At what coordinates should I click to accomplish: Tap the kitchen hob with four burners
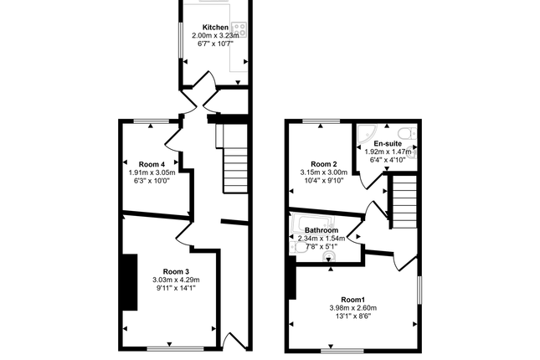[x=239, y=28]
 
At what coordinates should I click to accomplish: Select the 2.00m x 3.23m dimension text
[x=213, y=36]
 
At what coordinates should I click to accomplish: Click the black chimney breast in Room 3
[x=130, y=281]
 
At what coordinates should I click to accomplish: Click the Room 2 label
[x=323, y=164]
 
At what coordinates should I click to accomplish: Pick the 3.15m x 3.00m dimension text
[x=323, y=173]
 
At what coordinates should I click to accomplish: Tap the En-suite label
[x=386, y=144]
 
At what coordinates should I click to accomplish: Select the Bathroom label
[x=321, y=230]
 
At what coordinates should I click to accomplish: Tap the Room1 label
[x=352, y=300]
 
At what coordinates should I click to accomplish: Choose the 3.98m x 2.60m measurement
[x=352, y=309]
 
